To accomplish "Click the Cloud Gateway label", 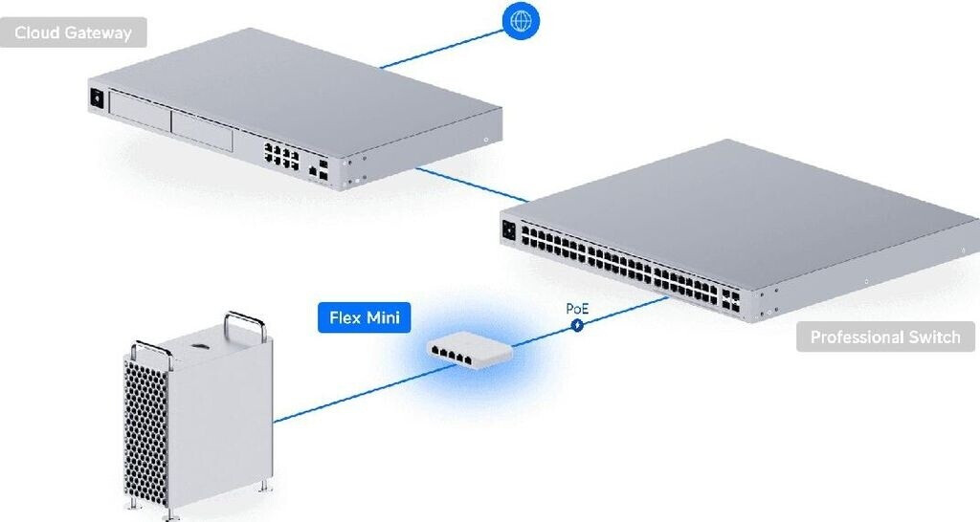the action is coord(73,33).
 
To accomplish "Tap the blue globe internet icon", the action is coord(521,21).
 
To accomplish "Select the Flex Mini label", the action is coord(365,317).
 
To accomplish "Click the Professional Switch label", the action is coord(885,337).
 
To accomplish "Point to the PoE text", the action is coord(577,309).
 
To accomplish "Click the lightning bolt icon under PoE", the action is coord(577,325).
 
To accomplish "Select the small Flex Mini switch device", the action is coord(470,352).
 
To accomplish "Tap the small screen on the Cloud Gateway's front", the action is coord(97,98).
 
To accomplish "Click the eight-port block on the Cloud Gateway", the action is coord(281,156).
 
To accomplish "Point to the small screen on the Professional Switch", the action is coord(508,230).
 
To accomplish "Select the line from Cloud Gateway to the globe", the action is coord(441,49).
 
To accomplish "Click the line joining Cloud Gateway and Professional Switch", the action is coord(472,185).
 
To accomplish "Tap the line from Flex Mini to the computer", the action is coord(366,393).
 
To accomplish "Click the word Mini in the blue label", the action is coord(383,317).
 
